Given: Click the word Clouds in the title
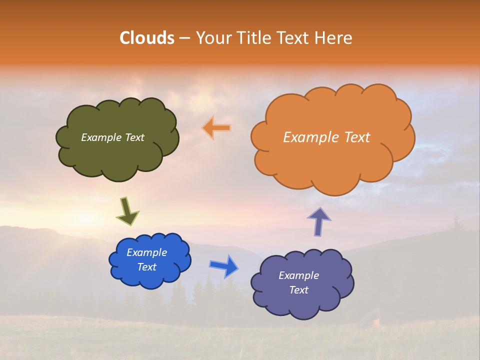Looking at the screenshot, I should pos(147,38).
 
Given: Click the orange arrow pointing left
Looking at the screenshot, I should pos(216,128).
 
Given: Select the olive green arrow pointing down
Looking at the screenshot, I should pos(127,211).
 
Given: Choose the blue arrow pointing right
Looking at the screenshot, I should pos(224,266).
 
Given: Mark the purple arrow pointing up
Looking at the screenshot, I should pos(319,221).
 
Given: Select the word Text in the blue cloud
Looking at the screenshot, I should pos(146,267).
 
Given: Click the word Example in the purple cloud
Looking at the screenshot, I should pos(298,275).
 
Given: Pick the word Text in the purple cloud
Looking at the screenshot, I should pos(298,290).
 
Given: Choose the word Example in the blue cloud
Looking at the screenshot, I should pos(146,252).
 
